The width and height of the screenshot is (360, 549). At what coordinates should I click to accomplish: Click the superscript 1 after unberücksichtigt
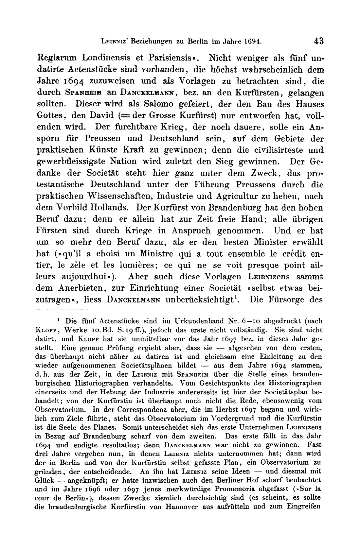[238, 297]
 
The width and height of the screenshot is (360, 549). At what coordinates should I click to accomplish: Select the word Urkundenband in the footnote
[185, 321]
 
